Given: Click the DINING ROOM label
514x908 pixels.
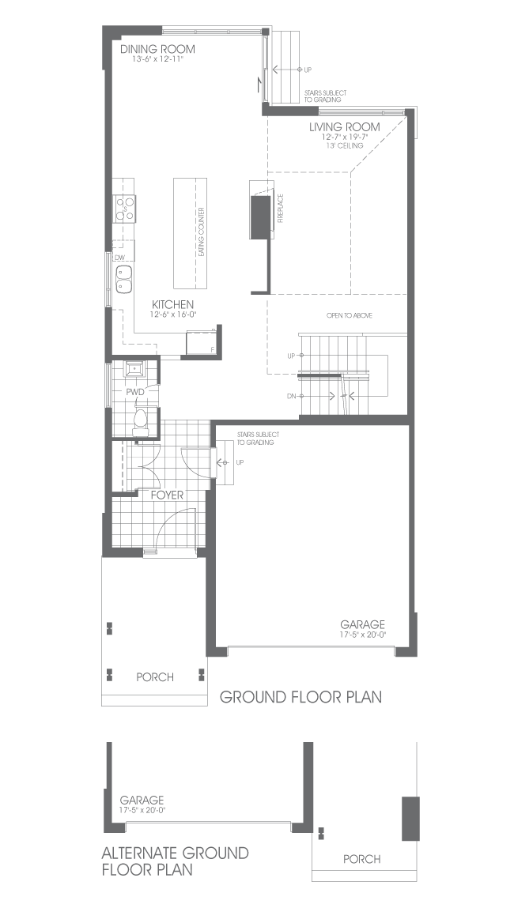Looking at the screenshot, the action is point(157,49).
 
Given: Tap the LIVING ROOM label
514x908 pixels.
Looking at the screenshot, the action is point(344,127).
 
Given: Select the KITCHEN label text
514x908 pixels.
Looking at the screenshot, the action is point(172,304).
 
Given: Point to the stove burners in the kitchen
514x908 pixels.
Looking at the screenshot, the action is point(125,209).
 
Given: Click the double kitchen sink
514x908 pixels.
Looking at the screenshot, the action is point(125,279).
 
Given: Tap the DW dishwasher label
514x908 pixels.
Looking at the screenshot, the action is point(119,258).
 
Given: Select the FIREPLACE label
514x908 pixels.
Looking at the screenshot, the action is point(280,209).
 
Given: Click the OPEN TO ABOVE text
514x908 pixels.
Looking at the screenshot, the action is point(350,315).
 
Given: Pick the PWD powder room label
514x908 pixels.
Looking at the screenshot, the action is point(135,392).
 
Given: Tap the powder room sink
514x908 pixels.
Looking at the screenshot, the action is point(134,368).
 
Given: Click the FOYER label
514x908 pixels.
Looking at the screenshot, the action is point(168,495).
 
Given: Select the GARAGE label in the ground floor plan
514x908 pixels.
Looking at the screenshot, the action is point(362,625).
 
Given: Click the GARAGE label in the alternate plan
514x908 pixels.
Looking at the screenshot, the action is point(142,801).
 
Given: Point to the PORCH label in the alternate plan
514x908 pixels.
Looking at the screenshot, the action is point(362,859).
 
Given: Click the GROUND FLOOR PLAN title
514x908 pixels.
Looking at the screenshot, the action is point(300,697).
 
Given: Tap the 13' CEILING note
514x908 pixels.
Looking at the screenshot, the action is point(344,146).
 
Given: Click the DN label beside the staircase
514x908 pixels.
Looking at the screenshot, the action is point(291,397).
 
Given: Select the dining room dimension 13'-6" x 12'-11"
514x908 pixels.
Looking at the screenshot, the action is point(157,59).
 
